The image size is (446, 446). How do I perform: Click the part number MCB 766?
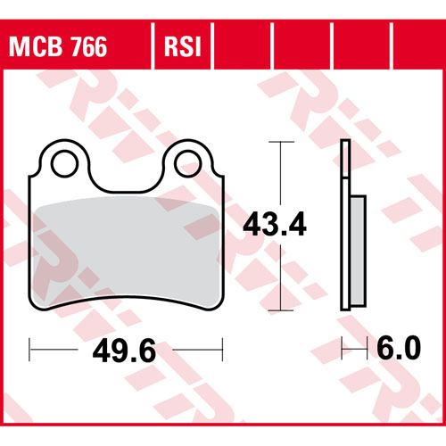[58, 46]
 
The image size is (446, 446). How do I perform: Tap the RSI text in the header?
[183, 46]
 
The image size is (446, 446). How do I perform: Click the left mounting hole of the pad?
[64, 164]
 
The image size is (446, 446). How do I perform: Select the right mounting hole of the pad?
[188, 164]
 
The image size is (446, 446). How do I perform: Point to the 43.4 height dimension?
[275, 224]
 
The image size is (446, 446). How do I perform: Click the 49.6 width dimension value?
[124, 351]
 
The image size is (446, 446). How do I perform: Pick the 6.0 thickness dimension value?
[399, 348]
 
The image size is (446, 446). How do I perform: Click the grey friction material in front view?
[126, 252]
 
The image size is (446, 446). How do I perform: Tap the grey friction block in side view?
[358, 251]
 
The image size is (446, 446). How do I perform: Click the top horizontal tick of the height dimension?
[281, 142]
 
